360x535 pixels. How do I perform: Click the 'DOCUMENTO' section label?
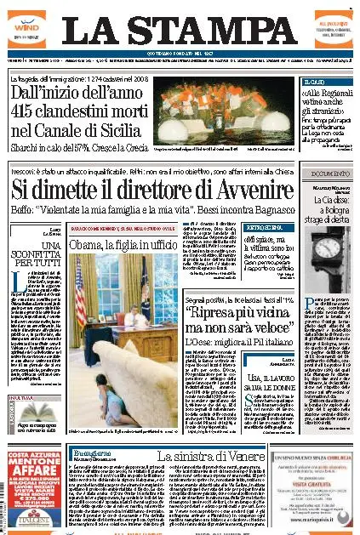point(329,174)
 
